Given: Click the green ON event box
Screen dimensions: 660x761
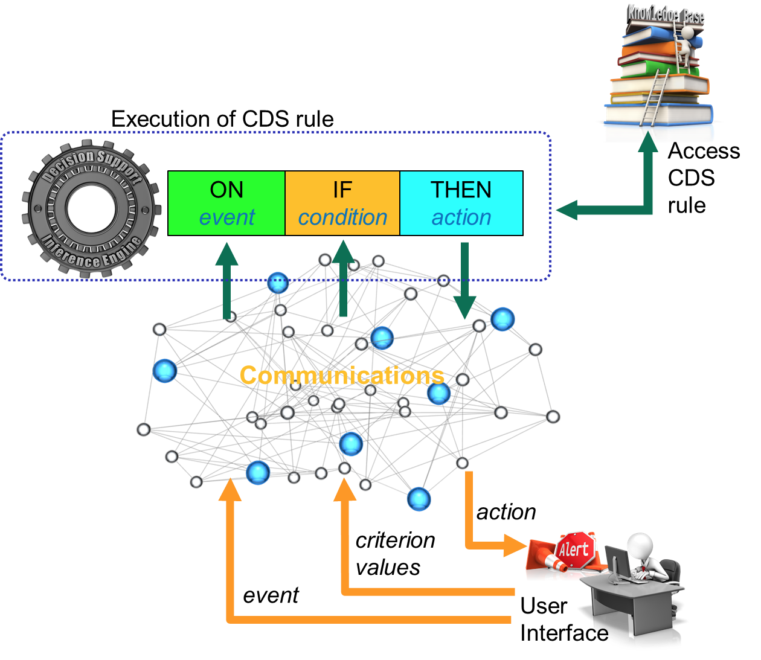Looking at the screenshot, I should [x=226, y=203].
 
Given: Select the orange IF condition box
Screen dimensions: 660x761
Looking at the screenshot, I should [x=342, y=203].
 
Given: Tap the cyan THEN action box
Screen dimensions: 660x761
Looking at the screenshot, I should [x=461, y=203].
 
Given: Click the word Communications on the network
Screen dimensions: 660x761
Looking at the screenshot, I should [x=342, y=376].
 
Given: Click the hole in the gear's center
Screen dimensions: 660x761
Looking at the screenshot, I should [x=91, y=208].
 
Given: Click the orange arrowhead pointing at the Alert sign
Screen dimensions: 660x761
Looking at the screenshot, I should [x=515, y=545].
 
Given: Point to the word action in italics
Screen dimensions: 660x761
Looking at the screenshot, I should [x=461, y=217].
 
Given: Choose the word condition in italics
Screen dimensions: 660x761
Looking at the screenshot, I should [x=342, y=217].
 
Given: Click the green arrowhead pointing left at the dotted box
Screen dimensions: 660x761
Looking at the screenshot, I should [x=567, y=210].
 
